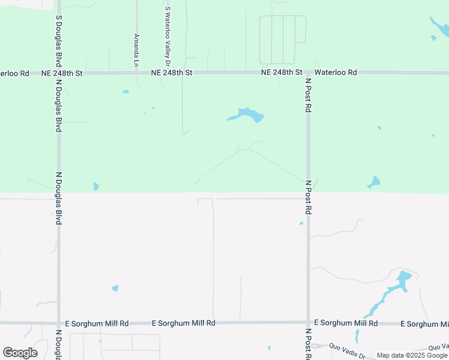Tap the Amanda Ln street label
point(137,50)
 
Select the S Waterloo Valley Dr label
point(167,37)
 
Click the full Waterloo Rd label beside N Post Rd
point(336,73)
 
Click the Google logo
point(20,353)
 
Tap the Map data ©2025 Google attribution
point(412,355)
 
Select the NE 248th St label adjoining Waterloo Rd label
point(282,73)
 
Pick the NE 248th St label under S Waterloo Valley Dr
point(172,73)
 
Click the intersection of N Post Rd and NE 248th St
point(308,73)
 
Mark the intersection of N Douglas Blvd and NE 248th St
point(58,73)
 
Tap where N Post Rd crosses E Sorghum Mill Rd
point(308,323)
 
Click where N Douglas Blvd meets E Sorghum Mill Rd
point(58,323)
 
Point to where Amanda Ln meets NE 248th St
point(137,73)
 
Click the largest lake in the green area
point(247,114)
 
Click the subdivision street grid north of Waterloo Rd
point(283,39)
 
